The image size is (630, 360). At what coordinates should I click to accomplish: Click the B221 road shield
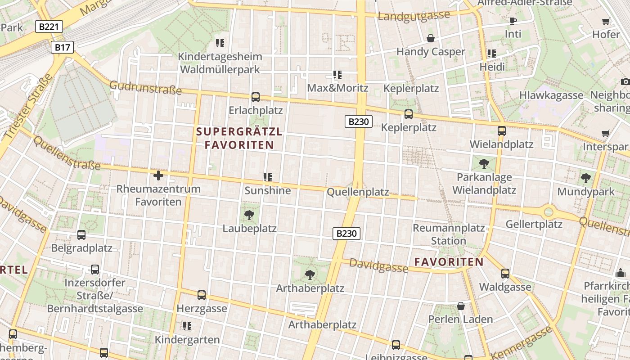click(49, 27)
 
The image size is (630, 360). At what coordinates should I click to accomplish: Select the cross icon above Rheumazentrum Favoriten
click(158, 175)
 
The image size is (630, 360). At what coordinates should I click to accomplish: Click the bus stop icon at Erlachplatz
click(256, 97)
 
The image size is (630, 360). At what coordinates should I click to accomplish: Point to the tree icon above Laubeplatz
click(249, 215)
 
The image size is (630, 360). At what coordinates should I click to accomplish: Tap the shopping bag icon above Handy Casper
click(431, 38)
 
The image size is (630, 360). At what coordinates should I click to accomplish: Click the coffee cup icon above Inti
click(513, 21)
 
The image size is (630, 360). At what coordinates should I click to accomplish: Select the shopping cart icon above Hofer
click(606, 21)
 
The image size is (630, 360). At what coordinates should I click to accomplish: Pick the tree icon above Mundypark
click(585, 178)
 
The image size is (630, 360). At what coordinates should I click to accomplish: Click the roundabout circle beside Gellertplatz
click(549, 211)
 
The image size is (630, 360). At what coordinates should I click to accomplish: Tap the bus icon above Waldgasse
click(505, 273)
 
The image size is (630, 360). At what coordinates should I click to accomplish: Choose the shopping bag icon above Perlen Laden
click(461, 306)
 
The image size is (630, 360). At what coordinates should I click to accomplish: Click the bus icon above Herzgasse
click(202, 295)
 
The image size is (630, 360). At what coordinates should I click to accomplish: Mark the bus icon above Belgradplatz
click(81, 234)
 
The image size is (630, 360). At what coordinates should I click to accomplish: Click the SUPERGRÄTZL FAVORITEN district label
click(239, 138)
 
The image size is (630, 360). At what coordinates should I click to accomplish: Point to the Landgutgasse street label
click(414, 16)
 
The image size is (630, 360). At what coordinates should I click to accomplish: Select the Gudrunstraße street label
click(145, 88)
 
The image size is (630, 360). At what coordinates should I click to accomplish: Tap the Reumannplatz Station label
click(449, 234)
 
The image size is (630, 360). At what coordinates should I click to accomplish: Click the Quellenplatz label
click(358, 192)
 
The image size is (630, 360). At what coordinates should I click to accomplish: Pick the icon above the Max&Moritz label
click(337, 74)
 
